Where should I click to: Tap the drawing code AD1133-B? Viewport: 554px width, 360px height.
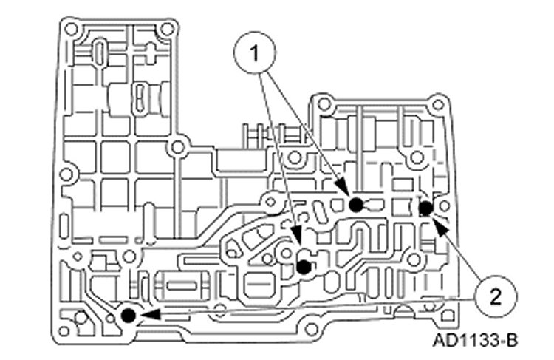click(x=476, y=341)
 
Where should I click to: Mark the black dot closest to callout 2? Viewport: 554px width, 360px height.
click(x=425, y=208)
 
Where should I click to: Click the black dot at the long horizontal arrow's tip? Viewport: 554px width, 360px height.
click(x=128, y=316)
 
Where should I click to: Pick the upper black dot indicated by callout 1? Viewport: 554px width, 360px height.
click(x=356, y=206)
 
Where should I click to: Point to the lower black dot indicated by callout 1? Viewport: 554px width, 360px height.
click(x=303, y=267)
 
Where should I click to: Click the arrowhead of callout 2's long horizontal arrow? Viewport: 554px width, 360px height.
click(x=146, y=314)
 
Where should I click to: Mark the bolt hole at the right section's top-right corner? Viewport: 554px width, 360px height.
click(x=437, y=105)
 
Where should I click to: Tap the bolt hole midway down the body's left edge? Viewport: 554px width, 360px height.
click(x=66, y=175)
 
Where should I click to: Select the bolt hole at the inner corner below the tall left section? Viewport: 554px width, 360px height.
click(x=177, y=148)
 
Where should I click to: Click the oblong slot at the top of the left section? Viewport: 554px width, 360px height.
click(x=99, y=55)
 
